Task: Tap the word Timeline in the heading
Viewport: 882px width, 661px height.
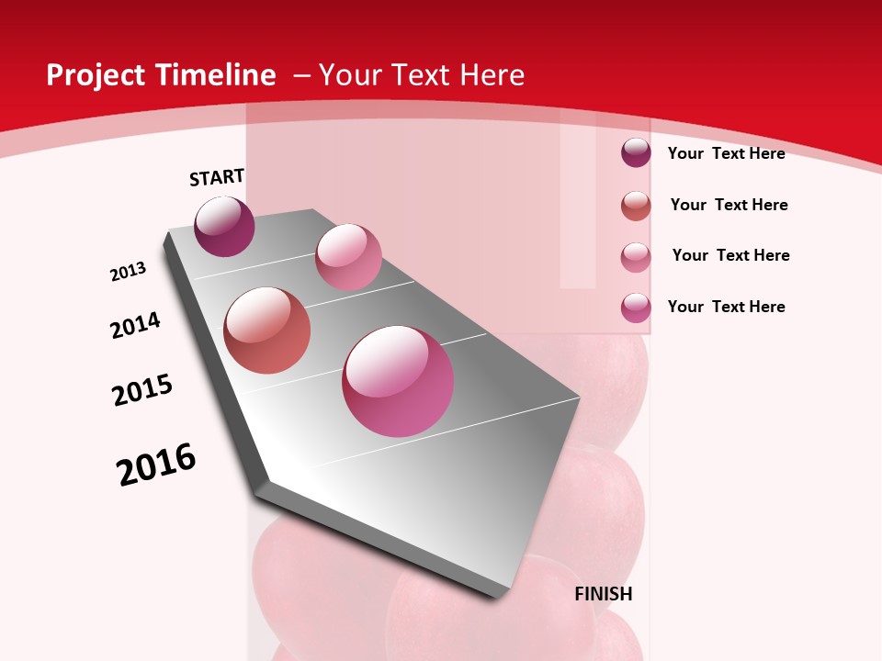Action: pos(217,75)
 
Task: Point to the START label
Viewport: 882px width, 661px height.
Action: pos(217,177)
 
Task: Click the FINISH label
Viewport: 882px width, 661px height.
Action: pos(604,594)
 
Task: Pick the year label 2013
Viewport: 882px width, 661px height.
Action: pos(129,272)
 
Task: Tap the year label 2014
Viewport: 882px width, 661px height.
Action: pos(136,325)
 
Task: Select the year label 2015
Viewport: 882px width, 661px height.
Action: pos(142,390)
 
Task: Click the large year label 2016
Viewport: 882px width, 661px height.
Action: pos(156,465)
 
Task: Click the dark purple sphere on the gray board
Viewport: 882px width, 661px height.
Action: pos(224,227)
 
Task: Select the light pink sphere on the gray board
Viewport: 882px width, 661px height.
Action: pos(348,257)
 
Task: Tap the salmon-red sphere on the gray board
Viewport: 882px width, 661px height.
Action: pos(267,330)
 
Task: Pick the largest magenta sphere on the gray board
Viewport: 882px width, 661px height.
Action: pos(398,381)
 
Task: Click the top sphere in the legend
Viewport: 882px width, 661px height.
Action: pos(636,152)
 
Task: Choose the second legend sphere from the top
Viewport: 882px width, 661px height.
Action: pos(636,206)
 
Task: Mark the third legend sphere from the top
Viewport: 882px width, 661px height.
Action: pos(636,257)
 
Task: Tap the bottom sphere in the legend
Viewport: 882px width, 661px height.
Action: pos(636,308)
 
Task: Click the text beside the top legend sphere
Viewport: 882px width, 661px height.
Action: pos(726,153)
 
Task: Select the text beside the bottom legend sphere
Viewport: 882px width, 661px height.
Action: pos(726,307)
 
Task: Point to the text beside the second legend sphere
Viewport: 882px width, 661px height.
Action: pos(729,205)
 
